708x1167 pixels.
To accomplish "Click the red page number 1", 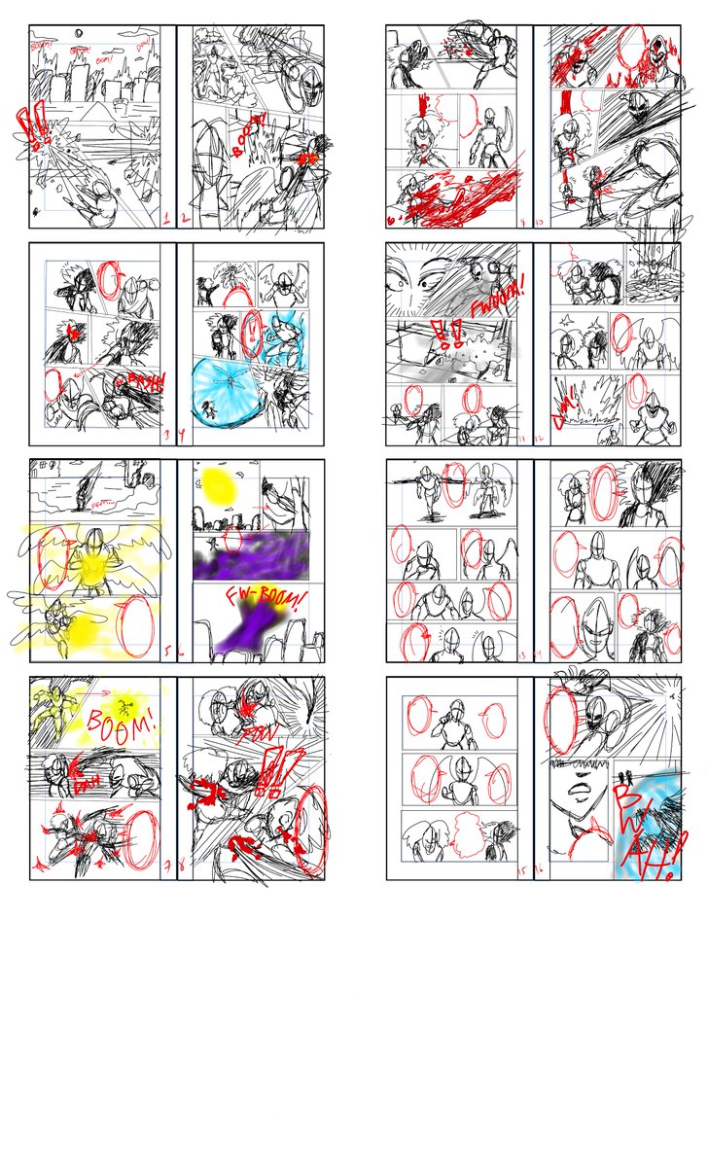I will coord(168,219).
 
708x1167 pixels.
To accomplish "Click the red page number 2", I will coord(183,219).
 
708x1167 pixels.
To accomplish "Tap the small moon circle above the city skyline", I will coord(77,36).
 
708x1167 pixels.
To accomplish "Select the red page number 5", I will coord(168,650).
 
